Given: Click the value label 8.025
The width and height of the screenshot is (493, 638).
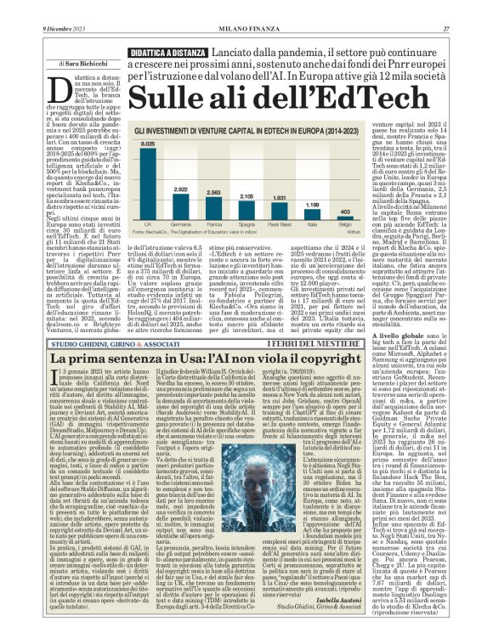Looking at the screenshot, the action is [148, 145].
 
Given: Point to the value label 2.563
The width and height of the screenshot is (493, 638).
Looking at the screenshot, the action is [213, 194].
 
